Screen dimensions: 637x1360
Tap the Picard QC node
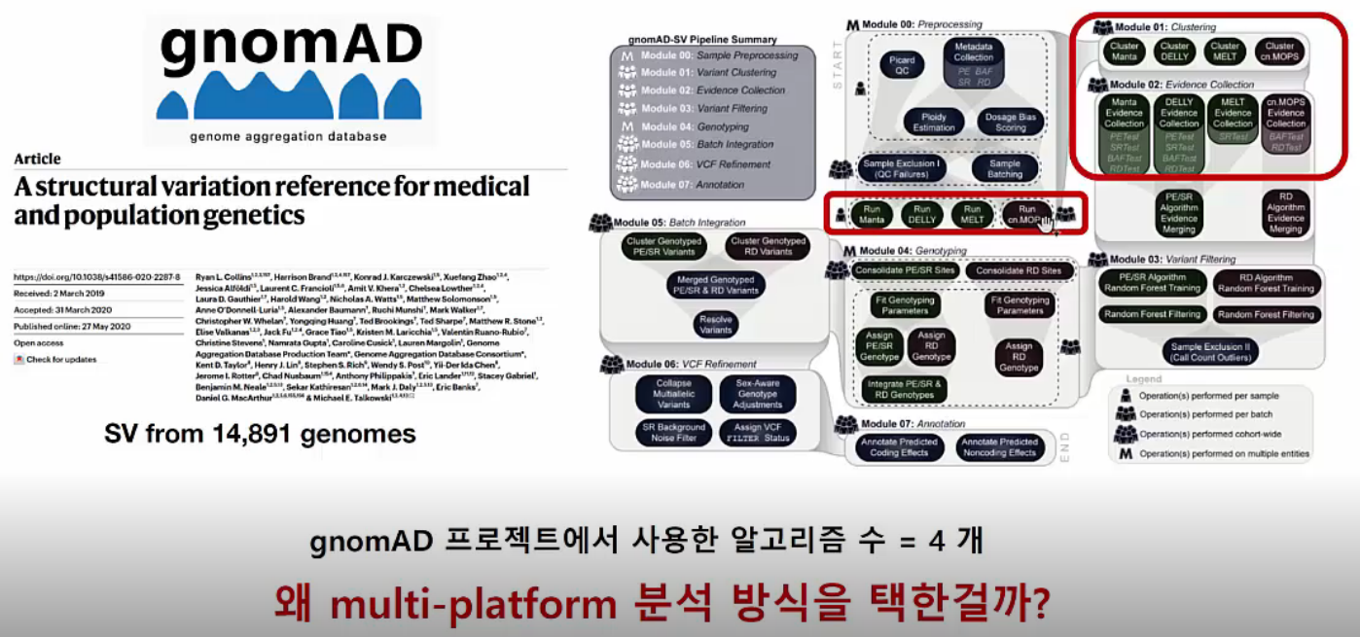[901, 65]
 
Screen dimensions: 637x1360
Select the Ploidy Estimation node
[932, 122]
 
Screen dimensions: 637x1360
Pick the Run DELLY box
[920, 214]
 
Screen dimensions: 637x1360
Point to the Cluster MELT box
[1225, 51]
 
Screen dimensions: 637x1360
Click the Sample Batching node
[1004, 169]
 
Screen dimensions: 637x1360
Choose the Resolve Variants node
[716, 324]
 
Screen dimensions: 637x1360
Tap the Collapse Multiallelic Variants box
[673, 392]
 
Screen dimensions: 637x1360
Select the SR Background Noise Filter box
[673, 433]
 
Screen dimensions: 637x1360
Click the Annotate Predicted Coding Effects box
[898, 447]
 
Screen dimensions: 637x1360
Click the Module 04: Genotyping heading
[911, 250]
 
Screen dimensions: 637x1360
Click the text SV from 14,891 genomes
[260, 434]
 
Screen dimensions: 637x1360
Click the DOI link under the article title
[96, 277]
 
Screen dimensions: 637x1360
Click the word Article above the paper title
[37, 159]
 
